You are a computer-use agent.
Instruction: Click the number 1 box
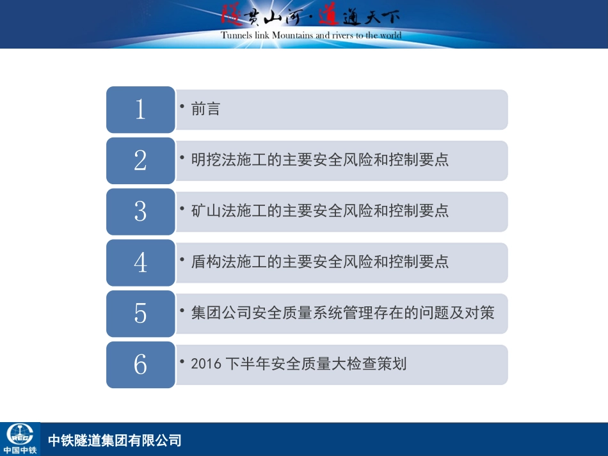140,109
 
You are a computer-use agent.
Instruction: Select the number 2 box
140,161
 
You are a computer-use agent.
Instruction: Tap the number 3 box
140,211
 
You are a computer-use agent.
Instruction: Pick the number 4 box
140,262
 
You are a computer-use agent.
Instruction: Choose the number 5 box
140,313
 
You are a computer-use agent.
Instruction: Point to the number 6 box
140,365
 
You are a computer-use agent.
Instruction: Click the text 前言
205,109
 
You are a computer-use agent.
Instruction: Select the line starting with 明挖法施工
320,160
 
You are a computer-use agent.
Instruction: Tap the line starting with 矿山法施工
320,210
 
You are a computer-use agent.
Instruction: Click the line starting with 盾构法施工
320,262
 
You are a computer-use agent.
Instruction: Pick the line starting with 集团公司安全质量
342,313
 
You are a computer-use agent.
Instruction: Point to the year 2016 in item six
205,365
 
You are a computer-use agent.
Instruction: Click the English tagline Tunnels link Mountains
311,35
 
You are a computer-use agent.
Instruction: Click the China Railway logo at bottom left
20,438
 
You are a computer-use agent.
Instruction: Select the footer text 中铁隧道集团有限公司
115,440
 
